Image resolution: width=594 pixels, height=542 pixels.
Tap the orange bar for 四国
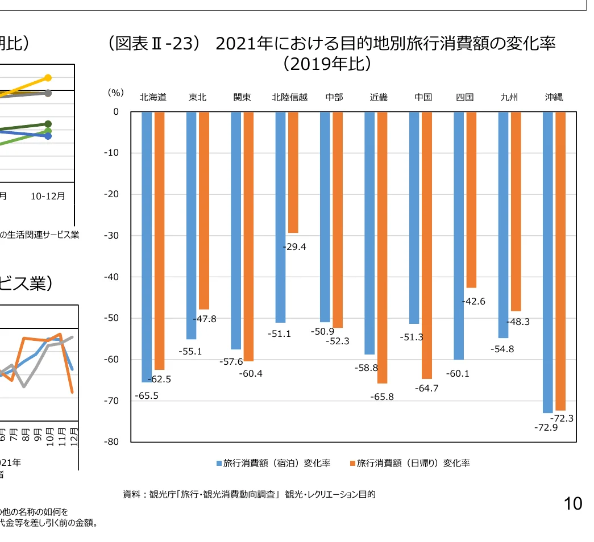[x=471, y=199]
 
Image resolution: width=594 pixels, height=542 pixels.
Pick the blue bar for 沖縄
[x=548, y=262]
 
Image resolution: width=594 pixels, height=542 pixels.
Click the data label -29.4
[x=294, y=247]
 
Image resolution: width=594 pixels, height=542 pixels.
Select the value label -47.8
[x=205, y=319]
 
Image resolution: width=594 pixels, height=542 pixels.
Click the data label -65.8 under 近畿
[x=382, y=397]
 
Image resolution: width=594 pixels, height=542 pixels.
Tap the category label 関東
[x=242, y=97]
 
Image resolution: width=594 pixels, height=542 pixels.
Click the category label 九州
[x=509, y=97]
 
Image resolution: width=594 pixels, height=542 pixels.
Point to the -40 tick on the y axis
[x=111, y=277]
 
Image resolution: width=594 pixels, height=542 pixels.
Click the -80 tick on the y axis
[x=111, y=442]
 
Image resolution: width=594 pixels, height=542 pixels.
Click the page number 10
[x=573, y=503]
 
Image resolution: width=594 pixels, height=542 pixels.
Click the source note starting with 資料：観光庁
[x=249, y=494]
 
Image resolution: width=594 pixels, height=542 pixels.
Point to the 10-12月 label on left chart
[x=48, y=196]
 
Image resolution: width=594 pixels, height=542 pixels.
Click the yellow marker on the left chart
[x=48, y=77]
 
